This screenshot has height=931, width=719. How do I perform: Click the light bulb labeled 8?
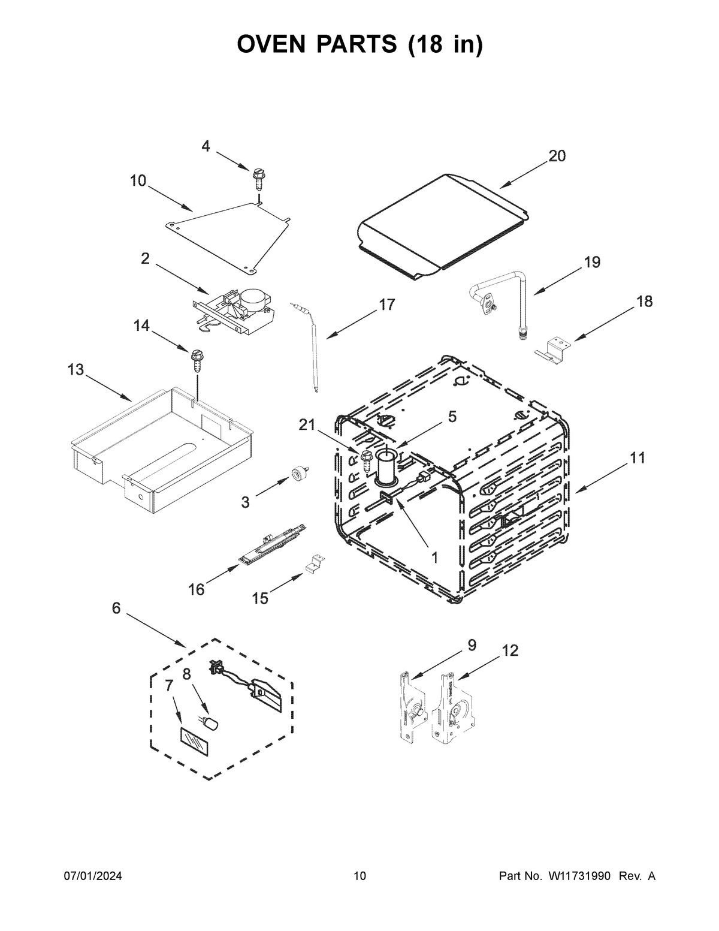(x=212, y=724)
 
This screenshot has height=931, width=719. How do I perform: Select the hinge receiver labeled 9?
(x=412, y=707)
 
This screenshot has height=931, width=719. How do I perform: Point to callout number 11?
(x=637, y=458)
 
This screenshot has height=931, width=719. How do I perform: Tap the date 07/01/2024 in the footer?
(x=93, y=876)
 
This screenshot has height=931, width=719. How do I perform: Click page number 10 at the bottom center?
(x=359, y=876)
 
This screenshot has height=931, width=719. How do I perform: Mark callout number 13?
(x=75, y=370)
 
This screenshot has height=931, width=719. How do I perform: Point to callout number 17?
(x=386, y=305)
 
